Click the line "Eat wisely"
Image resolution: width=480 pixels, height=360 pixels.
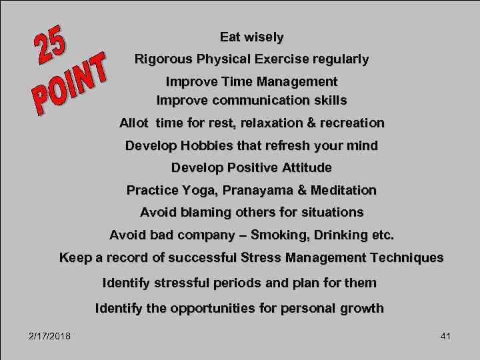pos(251,37)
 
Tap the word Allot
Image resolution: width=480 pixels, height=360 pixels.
pos(134,123)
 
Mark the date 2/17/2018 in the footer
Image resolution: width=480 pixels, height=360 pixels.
pos(50,336)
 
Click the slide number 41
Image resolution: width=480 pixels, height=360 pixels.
pos(445,336)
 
